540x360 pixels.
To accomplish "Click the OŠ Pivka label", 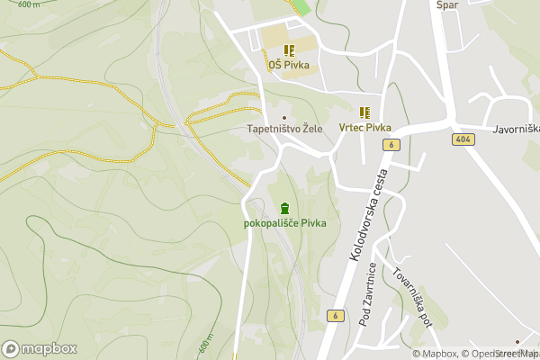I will pyautogui.click(x=288, y=64).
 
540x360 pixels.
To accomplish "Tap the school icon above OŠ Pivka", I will pyautogui.click(x=288, y=49).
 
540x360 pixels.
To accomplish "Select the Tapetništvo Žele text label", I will pyautogui.click(x=284, y=129).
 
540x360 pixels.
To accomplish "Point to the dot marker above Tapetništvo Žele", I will pyautogui.click(x=285, y=117).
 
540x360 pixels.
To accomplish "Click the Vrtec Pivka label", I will pyautogui.click(x=364, y=128).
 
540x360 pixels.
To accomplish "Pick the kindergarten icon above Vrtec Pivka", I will pyautogui.click(x=364, y=112).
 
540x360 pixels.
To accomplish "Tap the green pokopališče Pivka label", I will pyautogui.click(x=284, y=223).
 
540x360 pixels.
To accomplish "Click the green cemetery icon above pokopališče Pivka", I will pyautogui.click(x=285, y=208).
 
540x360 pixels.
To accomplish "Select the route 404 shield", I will pyautogui.click(x=463, y=139).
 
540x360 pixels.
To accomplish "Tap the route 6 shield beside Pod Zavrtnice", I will pyautogui.click(x=334, y=316).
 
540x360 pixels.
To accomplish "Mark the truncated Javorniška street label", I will pyautogui.click(x=516, y=129).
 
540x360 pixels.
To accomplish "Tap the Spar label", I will pyautogui.click(x=447, y=5).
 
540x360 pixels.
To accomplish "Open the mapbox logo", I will pyautogui.click(x=40, y=348).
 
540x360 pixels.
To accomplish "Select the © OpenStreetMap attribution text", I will pyautogui.click(x=500, y=354).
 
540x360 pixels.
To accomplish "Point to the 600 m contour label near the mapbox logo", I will pyautogui.click(x=207, y=344).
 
